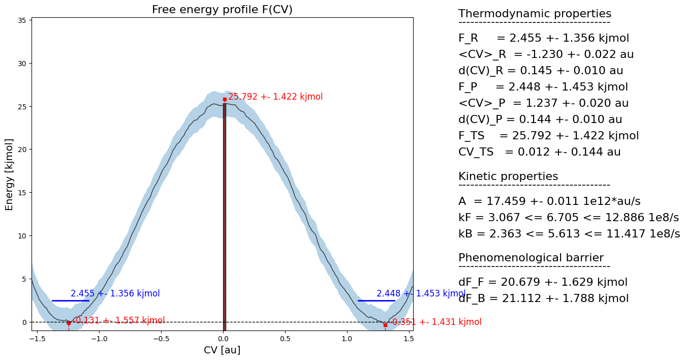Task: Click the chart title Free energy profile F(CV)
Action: pos(222,10)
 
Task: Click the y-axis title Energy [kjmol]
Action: pos(9,174)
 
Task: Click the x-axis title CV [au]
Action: pos(222,350)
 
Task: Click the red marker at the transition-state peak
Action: pos(225,99)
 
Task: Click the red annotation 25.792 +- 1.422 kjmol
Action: pos(275,97)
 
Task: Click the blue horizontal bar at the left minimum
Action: pos(71,301)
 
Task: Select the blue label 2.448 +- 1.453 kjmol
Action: pos(421,293)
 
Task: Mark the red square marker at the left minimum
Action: pos(69,323)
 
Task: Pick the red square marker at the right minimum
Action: pos(385,324)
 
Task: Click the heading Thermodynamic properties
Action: pos(535,14)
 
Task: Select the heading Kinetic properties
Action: pos(508,176)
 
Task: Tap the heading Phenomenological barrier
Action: pos(531,258)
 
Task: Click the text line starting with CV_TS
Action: pos(539,152)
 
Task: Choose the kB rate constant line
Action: pos(569,234)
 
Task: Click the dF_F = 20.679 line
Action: pos(543,282)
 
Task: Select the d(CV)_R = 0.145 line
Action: pos(541,71)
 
